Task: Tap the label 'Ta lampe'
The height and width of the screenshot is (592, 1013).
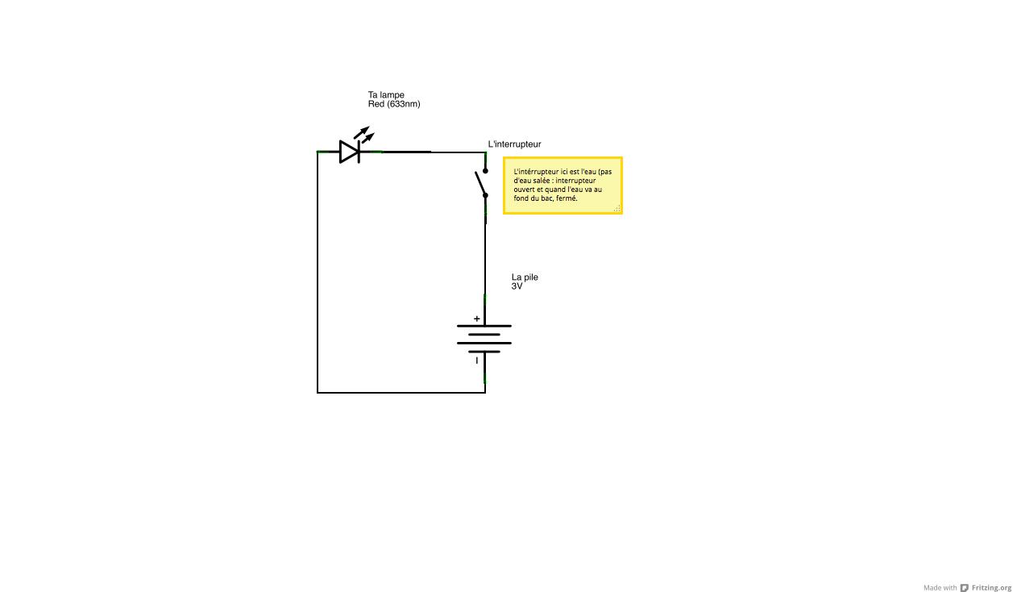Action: [x=386, y=95]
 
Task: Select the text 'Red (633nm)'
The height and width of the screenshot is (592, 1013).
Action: [x=394, y=104]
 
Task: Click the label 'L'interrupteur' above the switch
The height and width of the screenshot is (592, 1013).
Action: [x=515, y=144]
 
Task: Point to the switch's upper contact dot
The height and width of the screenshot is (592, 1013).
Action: [x=485, y=171]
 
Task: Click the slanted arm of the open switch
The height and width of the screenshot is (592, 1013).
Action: [x=480, y=183]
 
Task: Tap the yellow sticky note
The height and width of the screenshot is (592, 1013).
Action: [x=563, y=186]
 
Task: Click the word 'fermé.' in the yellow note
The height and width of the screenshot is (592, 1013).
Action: [x=567, y=198]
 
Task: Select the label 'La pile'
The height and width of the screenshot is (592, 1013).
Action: [x=525, y=277]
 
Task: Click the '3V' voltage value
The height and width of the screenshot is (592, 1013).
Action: [x=517, y=286]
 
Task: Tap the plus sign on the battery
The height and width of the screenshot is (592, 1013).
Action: [x=476, y=319]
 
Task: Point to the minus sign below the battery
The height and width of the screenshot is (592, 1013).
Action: [x=476, y=361]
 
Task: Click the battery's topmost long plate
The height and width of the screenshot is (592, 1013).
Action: [x=484, y=326]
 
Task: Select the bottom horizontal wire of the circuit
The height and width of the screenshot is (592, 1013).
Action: [x=401, y=393]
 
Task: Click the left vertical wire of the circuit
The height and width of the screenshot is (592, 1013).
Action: [x=318, y=274]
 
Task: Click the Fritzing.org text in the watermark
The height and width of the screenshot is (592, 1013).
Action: [x=990, y=588]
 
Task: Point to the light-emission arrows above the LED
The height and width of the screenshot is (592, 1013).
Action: [x=363, y=134]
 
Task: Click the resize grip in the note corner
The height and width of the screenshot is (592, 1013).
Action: [x=617, y=209]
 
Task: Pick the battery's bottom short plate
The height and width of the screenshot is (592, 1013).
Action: [x=484, y=352]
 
